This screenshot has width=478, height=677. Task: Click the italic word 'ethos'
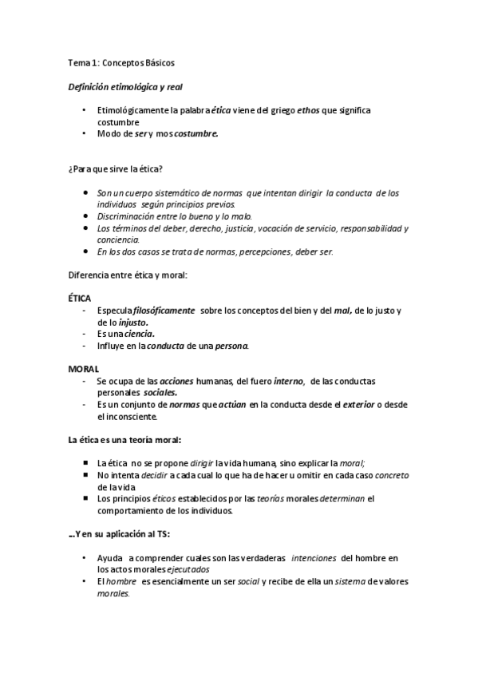click(309, 110)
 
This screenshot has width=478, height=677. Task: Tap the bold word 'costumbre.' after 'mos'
click(196, 135)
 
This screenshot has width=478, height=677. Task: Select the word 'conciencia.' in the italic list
click(118, 239)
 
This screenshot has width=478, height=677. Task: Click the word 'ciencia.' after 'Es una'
click(140, 334)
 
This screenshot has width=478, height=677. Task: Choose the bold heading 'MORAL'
click(84, 368)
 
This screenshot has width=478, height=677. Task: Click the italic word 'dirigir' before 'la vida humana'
click(180, 463)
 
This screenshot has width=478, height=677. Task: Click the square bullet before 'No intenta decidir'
click(85, 475)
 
